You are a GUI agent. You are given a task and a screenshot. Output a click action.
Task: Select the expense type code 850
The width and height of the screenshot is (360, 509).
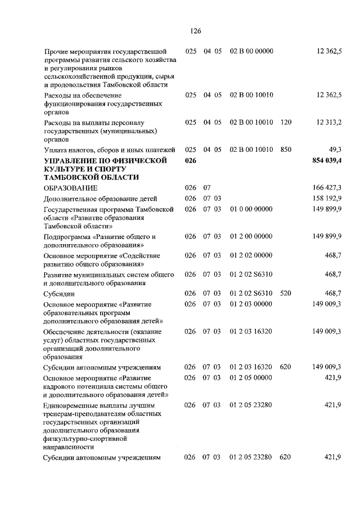point(285,150)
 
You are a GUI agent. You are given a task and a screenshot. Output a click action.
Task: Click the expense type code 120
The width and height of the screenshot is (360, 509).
point(285,122)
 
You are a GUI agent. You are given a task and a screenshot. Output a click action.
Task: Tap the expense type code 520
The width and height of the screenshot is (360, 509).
point(285,293)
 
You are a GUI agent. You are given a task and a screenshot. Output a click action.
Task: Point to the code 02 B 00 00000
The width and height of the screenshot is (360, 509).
point(251,51)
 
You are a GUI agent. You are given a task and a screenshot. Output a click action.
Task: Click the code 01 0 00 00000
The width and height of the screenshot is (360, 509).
point(251,209)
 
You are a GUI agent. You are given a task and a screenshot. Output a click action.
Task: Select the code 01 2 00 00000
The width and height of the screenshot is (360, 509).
point(251,236)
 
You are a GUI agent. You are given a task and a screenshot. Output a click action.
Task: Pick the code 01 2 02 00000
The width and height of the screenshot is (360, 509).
point(251,255)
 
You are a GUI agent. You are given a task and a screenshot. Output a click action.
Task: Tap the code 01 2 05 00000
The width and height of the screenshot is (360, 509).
point(251,377)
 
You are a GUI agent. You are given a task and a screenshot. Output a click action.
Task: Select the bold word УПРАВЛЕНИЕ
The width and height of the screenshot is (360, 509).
point(70,161)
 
